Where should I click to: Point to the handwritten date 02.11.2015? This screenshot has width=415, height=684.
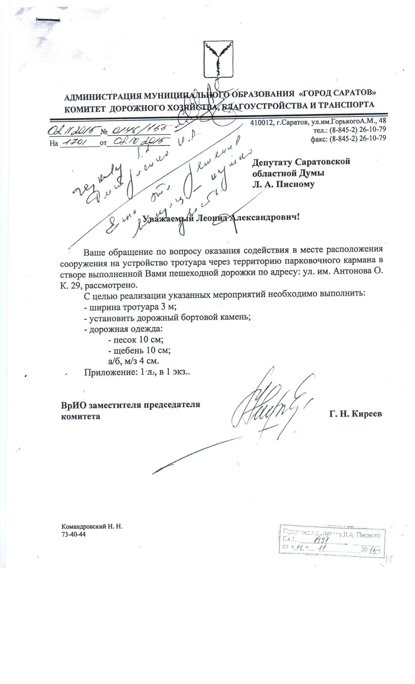[74, 131]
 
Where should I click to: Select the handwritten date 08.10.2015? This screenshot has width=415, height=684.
[138, 142]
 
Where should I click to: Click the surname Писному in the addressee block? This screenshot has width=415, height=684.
[295, 184]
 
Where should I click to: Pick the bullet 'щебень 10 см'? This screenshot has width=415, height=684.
[139, 350]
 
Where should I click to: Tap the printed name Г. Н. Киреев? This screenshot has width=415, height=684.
[355, 414]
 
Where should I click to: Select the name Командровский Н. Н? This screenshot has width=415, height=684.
[92, 527]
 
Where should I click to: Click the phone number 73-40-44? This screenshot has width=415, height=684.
[73, 534]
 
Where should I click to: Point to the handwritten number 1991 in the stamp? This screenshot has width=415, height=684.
[321, 540]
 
